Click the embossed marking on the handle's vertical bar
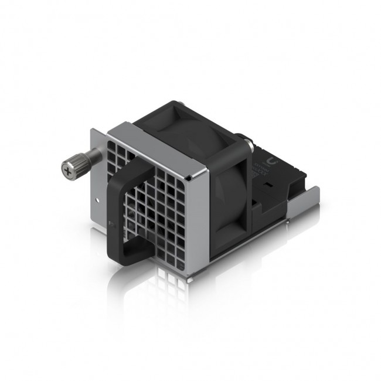coord(113,229)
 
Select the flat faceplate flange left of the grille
coord(98,193)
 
